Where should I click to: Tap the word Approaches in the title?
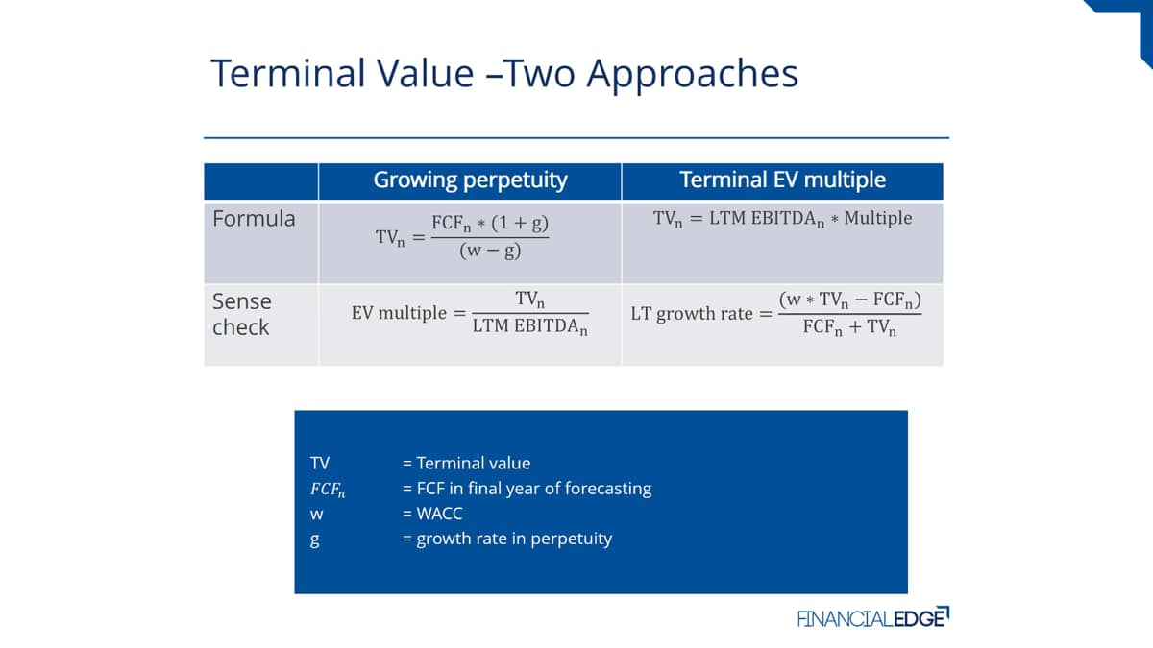click(x=693, y=75)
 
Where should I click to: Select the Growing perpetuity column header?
click(x=470, y=180)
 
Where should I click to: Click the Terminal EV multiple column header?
click(x=782, y=180)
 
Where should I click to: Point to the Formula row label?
click(x=254, y=219)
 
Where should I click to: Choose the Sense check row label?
click(x=241, y=314)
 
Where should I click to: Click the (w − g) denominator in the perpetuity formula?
click(x=490, y=251)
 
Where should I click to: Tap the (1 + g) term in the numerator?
click(x=520, y=223)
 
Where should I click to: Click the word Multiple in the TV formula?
click(x=878, y=218)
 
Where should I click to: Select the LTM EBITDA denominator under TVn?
click(x=529, y=326)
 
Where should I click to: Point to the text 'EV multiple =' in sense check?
click(x=408, y=313)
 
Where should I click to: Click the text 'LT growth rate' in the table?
click(x=692, y=314)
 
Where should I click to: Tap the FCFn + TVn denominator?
click(x=849, y=327)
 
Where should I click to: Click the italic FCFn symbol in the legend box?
click(x=328, y=489)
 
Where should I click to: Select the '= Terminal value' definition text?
click(x=466, y=464)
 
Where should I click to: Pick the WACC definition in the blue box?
click(x=432, y=514)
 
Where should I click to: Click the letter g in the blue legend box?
click(x=314, y=540)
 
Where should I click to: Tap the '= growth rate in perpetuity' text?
click(x=507, y=539)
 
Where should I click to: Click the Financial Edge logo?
click(x=873, y=617)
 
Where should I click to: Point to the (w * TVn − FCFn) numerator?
click(x=849, y=300)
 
